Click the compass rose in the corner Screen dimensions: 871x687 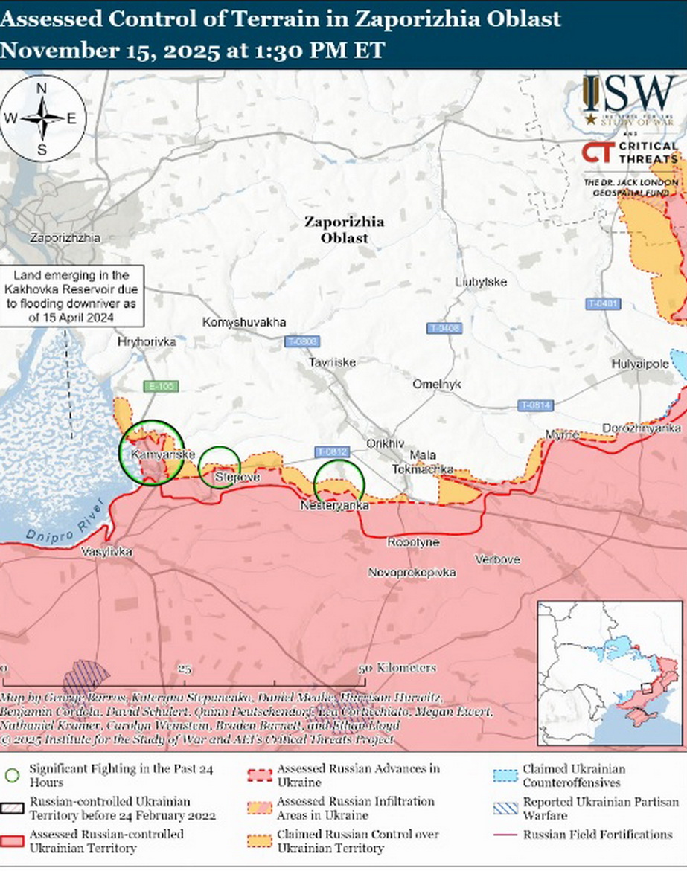click(43, 118)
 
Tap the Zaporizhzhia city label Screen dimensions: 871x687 click(64, 238)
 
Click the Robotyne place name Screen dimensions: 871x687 click(413, 543)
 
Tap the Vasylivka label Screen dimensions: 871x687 click(108, 552)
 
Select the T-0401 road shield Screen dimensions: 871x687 click(603, 303)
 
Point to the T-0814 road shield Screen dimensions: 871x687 click(535, 405)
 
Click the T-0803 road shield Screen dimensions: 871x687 click(301, 341)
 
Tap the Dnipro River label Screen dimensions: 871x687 click(59, 527)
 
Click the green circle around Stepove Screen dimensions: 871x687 click(220, 467)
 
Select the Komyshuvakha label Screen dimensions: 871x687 click(244, 322)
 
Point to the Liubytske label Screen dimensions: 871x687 click(481, 283)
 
